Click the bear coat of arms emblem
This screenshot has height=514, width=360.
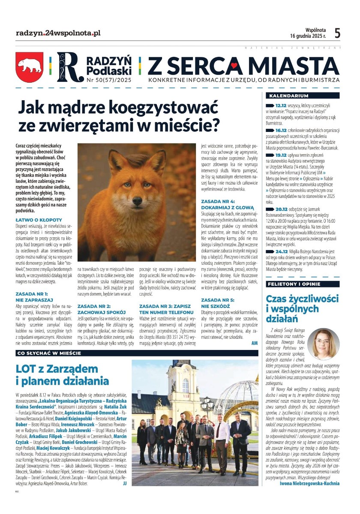(x=30, y=67)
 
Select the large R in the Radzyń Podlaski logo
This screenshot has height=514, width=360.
(x=68, y=68)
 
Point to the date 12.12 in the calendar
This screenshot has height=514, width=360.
(x=281, y=105)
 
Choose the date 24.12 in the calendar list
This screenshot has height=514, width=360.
(x=282, y=251)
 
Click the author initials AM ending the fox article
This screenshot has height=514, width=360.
(x=255, y=344)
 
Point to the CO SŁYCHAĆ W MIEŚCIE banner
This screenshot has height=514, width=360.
(x=48, y=353)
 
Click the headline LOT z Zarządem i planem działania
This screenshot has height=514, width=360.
(x=62, y=374)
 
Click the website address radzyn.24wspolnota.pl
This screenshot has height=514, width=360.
(x=58, y=33)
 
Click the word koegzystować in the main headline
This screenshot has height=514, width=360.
(x=163, y=106)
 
